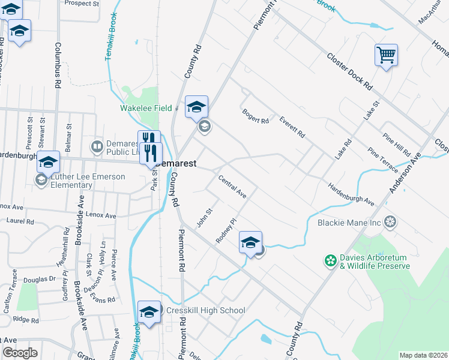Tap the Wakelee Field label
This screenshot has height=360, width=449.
(x=146, y=108)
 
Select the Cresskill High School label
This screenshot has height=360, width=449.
(x=205, y=310)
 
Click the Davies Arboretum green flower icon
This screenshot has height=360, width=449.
(x=330, y=260)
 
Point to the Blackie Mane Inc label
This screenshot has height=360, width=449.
(x=349, y=223)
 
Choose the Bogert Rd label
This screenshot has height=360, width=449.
(x=255, y=116)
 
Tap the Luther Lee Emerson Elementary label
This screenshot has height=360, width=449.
(x=88, y=181)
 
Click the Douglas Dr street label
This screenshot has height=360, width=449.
(x=40, y=279)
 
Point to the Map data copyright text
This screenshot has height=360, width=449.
(x=423, y=355)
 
